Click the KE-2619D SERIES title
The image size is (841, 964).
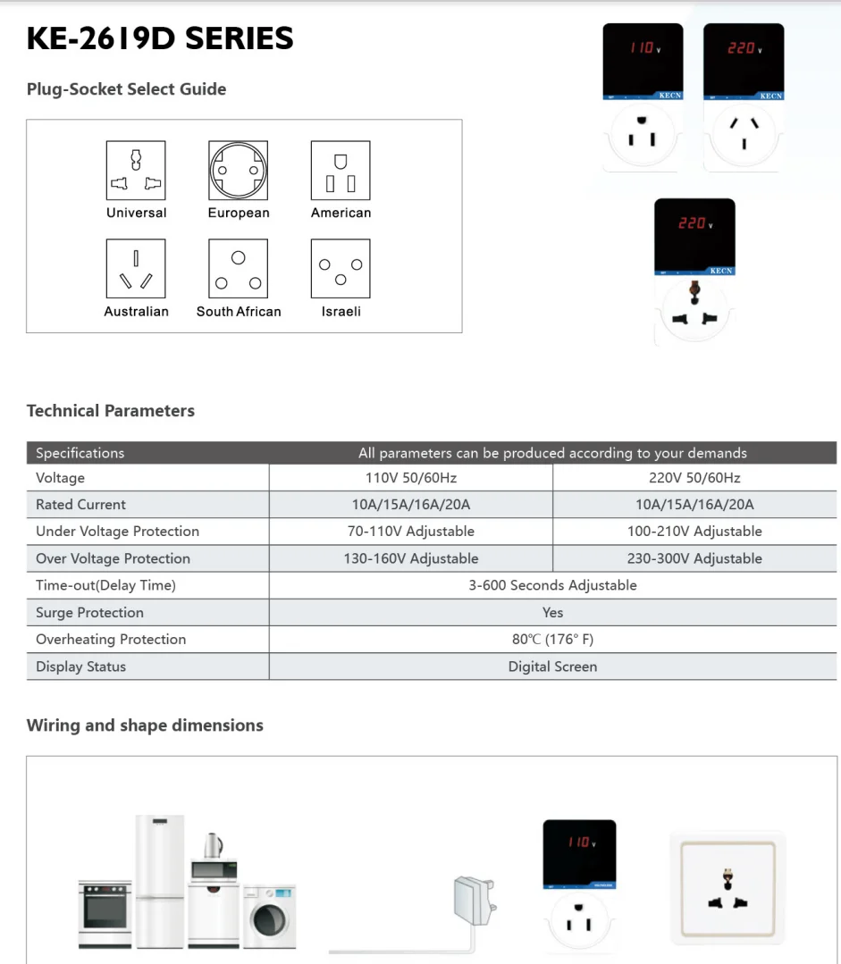tap(160, 38)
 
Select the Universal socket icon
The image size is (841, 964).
tap(136, 171)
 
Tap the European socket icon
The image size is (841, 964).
tap(239, 171)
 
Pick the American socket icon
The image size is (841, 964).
tap(341, 171)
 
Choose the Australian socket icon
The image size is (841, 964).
tap(136, 269)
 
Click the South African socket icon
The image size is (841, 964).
tap(239, 269)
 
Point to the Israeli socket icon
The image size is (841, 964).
tap(341, 269)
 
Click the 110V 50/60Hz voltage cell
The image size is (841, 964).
tap(411, 478)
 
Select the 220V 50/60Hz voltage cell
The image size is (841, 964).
tap(694, 478)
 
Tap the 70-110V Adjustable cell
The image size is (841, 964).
tap(411, 532)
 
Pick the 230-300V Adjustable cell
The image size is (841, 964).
tap(694, 558)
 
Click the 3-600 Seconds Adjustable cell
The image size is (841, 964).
tap(552, 585)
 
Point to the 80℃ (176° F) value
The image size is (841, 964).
tap(552, 640)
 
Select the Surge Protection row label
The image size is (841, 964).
tap(89, 613)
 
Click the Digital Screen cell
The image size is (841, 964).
tap(552, 666)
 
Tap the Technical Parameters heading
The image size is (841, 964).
tap(111, 411)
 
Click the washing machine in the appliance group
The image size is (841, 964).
tap(269, 916)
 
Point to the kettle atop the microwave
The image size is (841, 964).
tap(213, 845)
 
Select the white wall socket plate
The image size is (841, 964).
tap(727, 888)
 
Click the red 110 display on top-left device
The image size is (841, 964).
tap(642, 48)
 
